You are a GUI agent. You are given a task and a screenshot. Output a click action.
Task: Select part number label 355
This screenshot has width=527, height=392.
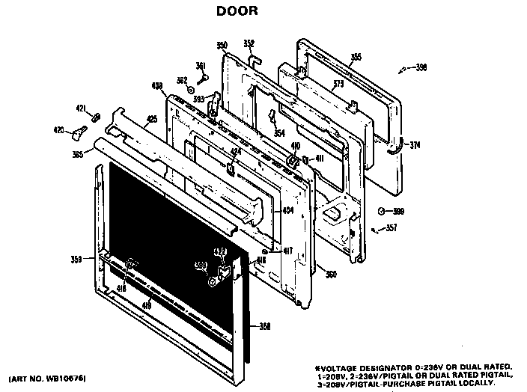coord(356,57)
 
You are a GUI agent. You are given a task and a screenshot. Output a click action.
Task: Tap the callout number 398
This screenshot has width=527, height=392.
coord(421,68)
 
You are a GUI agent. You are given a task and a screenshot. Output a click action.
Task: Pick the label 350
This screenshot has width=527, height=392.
coord(222,46)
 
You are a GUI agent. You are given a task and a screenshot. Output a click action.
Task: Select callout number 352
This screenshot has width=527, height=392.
coord(249,43)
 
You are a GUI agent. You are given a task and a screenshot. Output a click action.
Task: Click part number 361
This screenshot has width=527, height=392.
coord(201,65)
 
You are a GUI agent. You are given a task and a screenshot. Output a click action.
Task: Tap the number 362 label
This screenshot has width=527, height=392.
coord(181,80)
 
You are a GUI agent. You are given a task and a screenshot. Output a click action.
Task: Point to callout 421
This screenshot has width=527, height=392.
coord(80,109)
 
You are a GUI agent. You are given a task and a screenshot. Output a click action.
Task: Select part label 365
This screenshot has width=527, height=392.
coord(78,155)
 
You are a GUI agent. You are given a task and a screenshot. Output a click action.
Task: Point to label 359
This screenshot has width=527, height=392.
coord(76,260)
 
